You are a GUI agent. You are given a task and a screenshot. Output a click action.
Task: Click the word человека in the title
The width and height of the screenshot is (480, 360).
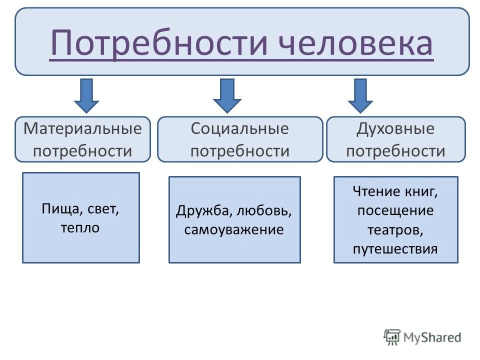coord(355,43)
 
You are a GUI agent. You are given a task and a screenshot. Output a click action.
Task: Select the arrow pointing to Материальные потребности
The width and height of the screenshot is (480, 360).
coord(86,96)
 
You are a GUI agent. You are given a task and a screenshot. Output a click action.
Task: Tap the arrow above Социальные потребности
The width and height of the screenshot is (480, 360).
coord(227,96)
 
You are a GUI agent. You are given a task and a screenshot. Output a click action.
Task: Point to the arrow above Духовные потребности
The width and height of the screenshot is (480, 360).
coord(360,96)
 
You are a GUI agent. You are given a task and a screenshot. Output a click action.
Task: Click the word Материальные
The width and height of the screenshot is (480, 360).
coord(82,128)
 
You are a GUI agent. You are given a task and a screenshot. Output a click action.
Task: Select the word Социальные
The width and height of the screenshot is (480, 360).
coord(239,128)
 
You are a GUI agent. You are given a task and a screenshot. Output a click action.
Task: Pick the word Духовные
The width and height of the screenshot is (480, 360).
coord(395,129)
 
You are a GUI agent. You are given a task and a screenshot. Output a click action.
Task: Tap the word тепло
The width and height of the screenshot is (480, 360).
coord(80,228)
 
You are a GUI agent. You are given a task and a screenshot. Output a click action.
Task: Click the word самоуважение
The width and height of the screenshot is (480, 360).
coord(234,230)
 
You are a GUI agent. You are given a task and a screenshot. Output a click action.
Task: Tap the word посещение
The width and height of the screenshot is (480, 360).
coord(395,211)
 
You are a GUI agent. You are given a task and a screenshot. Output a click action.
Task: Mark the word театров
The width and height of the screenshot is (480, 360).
coord(395,230)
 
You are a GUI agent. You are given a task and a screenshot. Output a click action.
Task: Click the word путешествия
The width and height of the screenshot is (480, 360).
coord(395,249)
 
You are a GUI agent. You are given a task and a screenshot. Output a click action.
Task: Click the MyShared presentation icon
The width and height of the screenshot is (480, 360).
coord(392,337)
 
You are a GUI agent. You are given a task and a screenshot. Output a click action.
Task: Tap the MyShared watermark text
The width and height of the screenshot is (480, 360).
coord(432,337)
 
